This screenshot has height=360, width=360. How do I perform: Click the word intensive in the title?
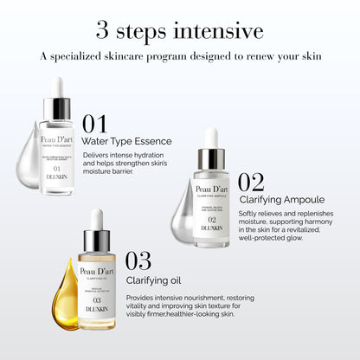[x=216, y=31]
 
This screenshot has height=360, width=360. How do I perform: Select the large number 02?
[x=251, y=182]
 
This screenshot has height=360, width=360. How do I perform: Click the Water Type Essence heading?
[x=126, y=141]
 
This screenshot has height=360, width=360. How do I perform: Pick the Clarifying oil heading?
[x=154, y=280]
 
